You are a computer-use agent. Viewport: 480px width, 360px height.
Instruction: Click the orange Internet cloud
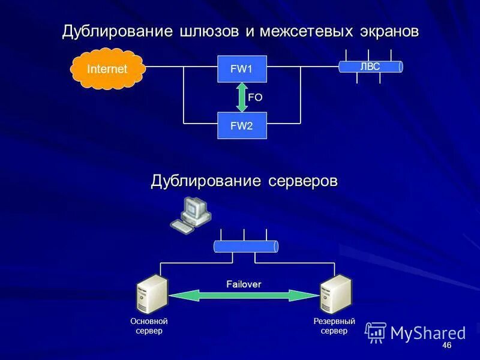[107, 68]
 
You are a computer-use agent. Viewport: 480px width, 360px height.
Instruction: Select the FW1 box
[241, 69]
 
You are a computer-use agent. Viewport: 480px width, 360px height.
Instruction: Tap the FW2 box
[241, 125]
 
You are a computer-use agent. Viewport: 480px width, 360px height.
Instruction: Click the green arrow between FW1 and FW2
[241, 97]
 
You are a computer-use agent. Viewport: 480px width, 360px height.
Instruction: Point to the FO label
[256, 97]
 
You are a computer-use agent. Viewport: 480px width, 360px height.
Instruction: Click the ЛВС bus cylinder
[370, 67]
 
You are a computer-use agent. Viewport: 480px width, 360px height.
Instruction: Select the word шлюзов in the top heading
[208, 32]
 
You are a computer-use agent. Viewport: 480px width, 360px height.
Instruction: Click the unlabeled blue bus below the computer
[245, 247]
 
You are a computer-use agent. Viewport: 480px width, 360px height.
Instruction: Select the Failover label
[244, 284]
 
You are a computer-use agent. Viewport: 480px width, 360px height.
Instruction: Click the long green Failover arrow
[244, 295]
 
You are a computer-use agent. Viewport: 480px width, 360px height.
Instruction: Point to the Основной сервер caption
[149, 326]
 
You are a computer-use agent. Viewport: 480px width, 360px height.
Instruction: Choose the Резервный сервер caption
[334, 326]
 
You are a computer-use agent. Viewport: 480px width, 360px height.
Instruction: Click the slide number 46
[446, 347]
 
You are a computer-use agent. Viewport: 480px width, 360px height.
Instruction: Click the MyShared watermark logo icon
[376, 332]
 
